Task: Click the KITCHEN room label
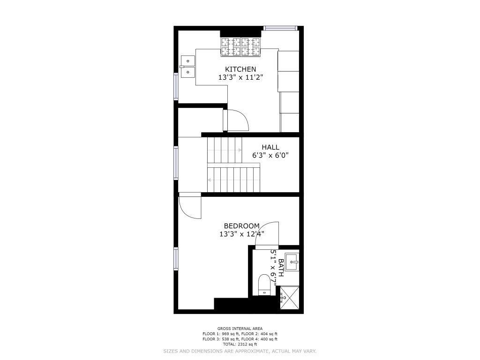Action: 240,69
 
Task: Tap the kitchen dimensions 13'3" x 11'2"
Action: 240,77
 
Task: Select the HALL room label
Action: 270,147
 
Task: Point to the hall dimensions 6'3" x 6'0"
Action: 270,156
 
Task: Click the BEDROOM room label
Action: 241,226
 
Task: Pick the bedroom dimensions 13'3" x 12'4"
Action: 241,234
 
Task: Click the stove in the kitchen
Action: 240,47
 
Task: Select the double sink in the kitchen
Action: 187,67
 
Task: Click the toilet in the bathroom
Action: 264,285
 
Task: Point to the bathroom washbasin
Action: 292,262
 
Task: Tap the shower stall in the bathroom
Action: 289,297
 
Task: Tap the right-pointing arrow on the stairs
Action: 239,150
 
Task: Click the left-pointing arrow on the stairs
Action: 210,180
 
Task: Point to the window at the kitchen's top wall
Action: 281,29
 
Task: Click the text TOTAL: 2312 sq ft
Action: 240,345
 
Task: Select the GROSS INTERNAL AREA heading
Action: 240,329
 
